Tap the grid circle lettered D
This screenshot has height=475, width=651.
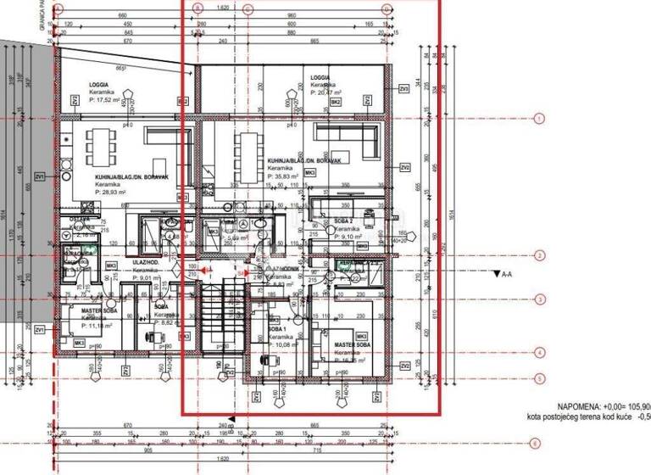(387, 11)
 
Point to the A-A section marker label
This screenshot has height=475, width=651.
(508, 275)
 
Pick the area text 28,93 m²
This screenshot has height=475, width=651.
(111, 193)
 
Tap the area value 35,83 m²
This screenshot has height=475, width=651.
(286, 176)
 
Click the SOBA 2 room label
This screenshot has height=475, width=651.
(344, 221)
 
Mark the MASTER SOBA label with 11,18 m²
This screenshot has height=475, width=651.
(98, 311)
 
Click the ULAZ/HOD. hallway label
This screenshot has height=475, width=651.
(146, 263)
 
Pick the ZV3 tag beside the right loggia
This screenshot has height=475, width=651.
(404, 89)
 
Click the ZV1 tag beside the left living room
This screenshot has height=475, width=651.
(39, 177)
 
